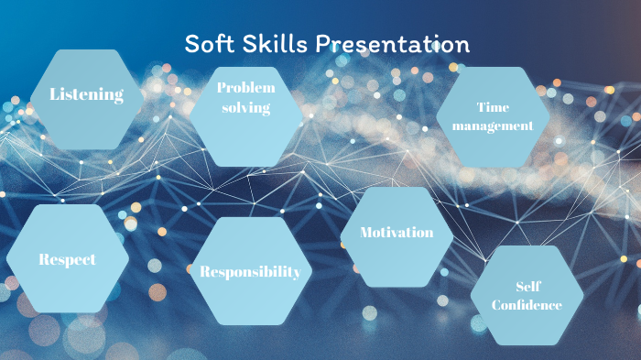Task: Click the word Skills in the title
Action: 277,43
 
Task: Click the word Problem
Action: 245,87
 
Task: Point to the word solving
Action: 245,108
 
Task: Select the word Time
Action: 493,107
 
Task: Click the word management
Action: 493,126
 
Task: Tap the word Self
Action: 527,286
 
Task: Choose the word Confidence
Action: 527,305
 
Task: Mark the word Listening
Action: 87,94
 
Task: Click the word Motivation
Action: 397,233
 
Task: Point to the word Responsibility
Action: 250,272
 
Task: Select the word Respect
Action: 67,259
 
